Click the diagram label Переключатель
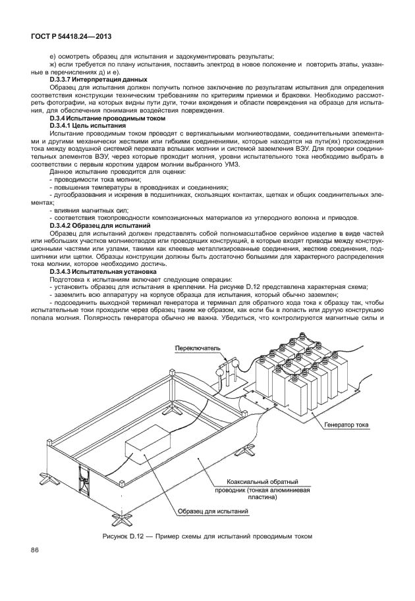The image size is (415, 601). click(x=196, y=347)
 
